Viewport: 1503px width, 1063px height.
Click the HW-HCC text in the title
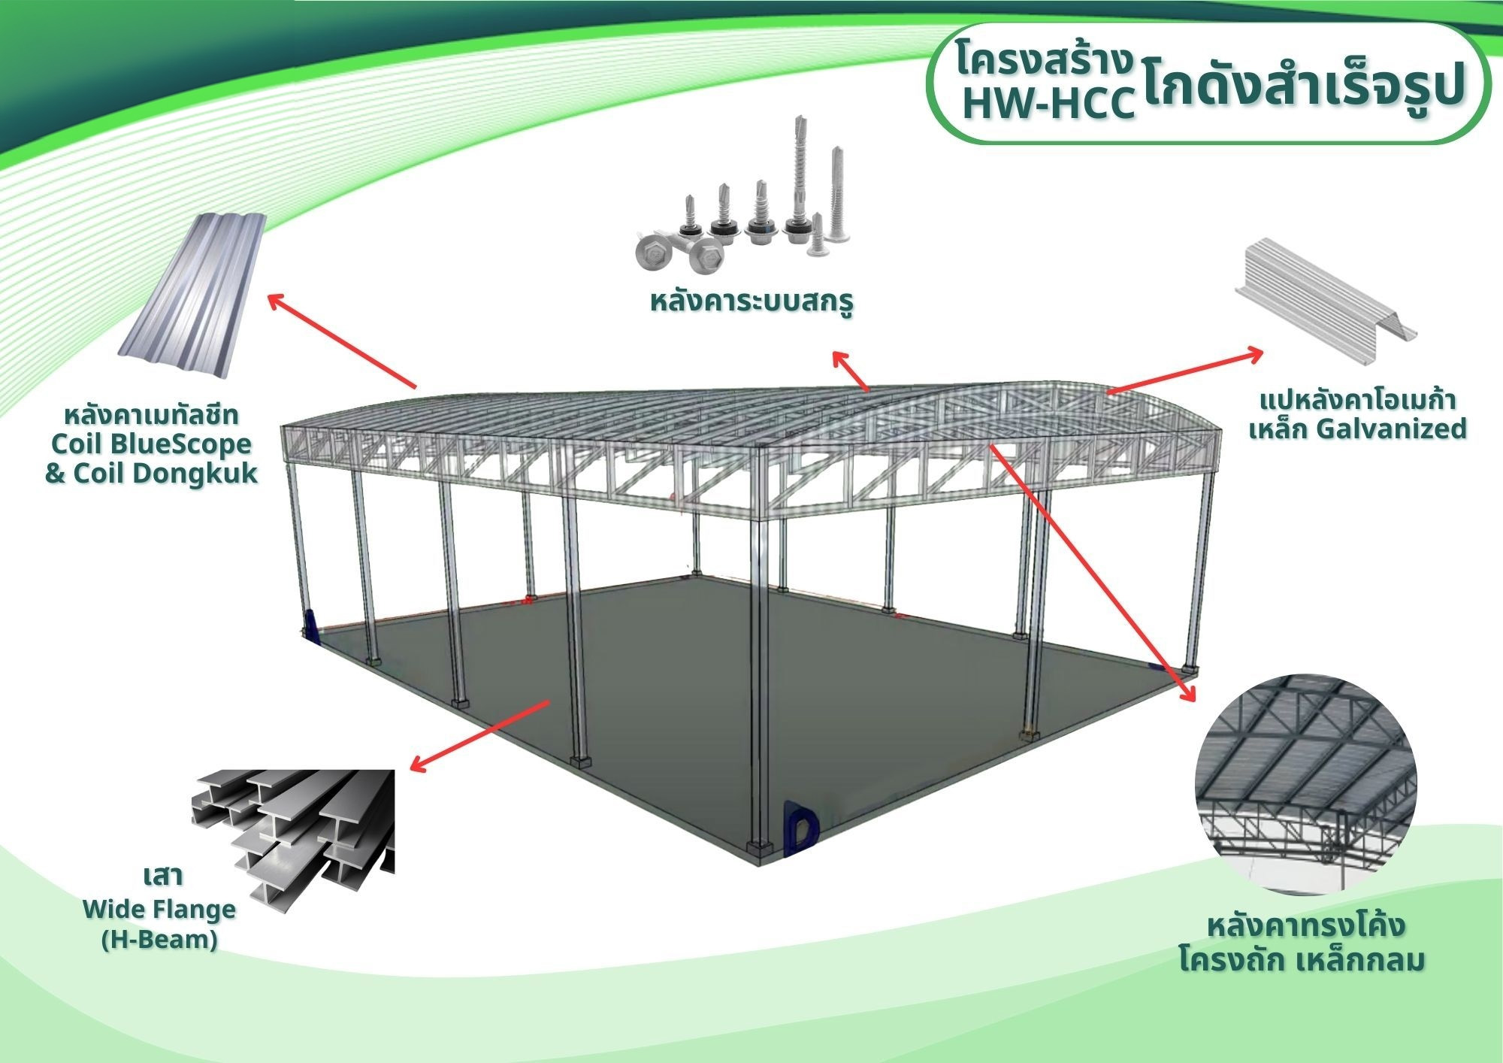click(1049, 104)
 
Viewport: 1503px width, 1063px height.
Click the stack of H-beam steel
click(293, 834)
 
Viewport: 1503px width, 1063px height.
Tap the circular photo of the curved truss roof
click(1306, 784)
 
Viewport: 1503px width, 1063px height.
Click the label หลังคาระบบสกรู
click(752, 302)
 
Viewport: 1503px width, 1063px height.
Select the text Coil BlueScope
click(151, 444)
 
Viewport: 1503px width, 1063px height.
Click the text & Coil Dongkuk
click(151, 473)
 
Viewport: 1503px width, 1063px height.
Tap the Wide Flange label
click(159, 910)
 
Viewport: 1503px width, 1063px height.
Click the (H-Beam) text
click(159, 940)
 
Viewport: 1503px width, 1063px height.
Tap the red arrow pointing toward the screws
click(850, 371)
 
